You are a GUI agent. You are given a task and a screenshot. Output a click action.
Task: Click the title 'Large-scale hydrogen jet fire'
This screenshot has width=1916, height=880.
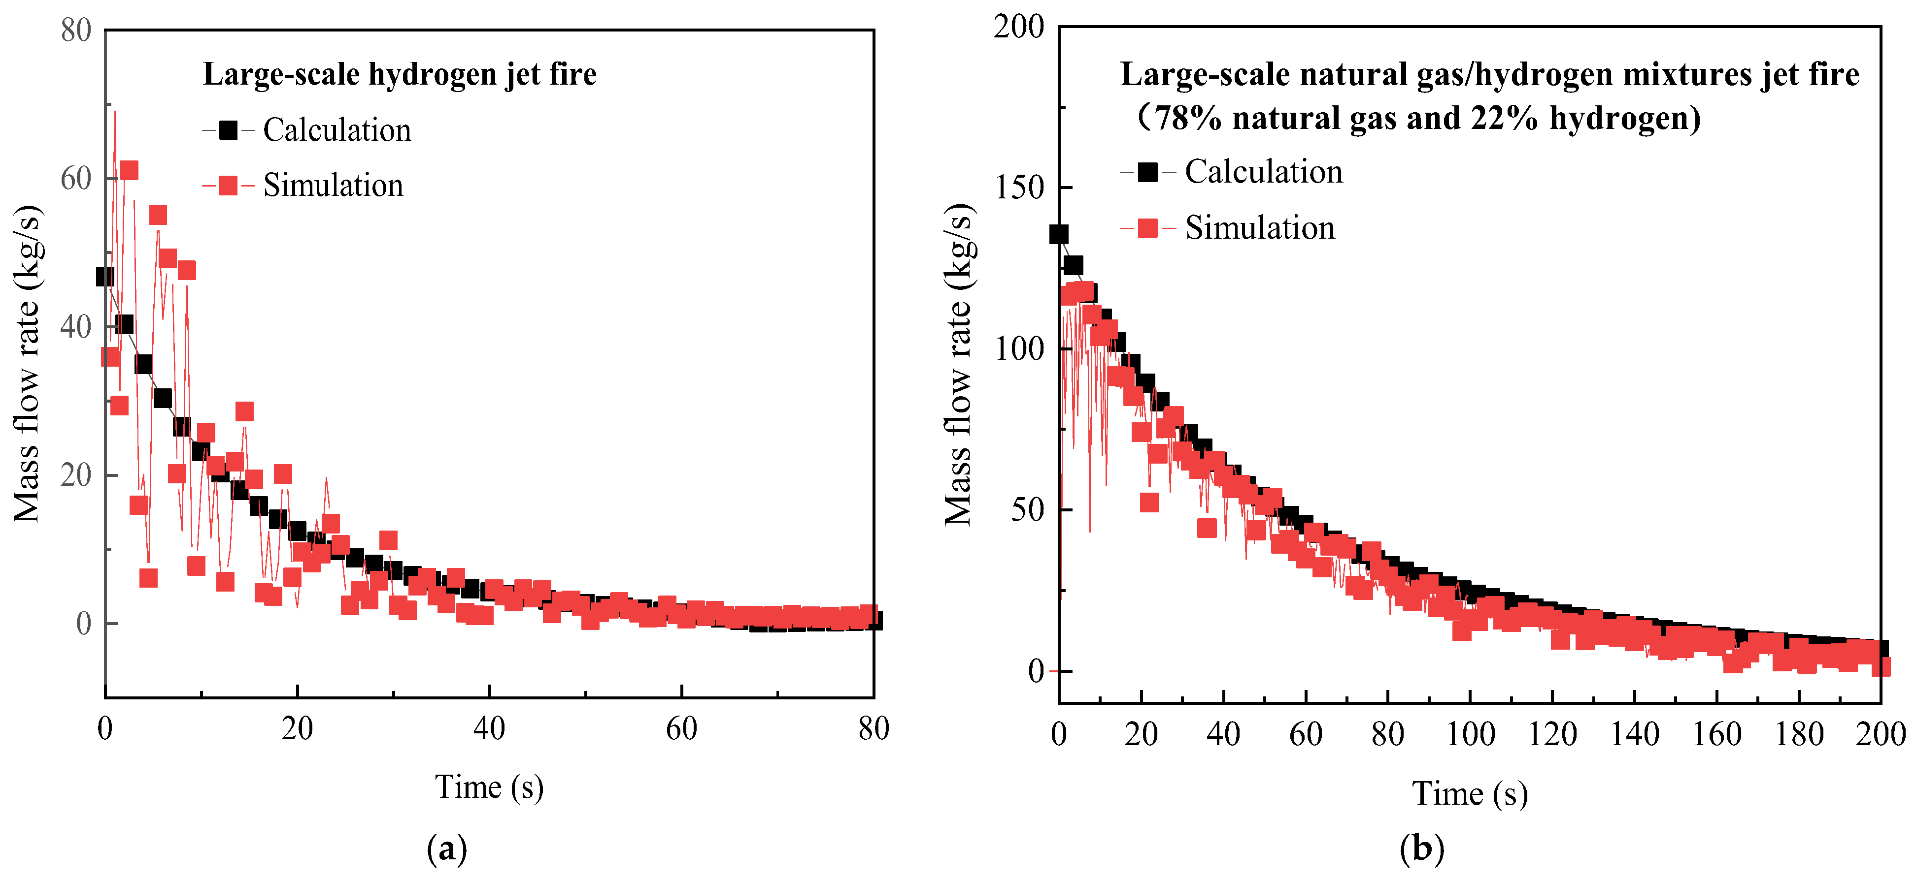click(400, 74)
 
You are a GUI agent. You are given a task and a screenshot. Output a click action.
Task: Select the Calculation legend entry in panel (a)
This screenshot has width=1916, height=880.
click(306, 130)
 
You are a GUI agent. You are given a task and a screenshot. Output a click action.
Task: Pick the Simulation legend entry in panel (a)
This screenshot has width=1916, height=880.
click(303, 185)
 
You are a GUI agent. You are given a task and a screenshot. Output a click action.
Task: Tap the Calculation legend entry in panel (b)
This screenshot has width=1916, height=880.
click(1231, 172)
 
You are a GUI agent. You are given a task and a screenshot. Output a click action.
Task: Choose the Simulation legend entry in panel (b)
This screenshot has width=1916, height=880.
click(1227, 227)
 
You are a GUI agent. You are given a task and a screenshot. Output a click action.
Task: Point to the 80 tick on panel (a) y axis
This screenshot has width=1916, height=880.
click(76, 31)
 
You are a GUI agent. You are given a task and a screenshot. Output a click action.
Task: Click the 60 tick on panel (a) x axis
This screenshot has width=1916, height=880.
click(681, 729)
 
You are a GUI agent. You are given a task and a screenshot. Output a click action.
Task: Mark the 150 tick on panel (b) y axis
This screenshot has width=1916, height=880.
click(1019, 188)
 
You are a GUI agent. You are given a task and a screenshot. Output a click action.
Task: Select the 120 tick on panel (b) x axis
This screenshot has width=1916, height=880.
click(1552, 734)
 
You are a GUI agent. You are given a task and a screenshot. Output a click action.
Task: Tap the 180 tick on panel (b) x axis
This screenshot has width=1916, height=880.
click(1798, 734)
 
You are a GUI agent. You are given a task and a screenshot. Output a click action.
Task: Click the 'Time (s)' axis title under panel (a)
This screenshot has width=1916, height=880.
click(489, 786)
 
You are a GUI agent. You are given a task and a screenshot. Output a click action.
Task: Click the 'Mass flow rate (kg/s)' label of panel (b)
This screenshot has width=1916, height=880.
click(958, 364)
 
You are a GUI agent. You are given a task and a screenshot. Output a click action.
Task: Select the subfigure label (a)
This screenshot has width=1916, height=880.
click(447, 848)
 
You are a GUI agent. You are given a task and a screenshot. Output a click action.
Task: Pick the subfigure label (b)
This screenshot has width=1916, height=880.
click(1421, 848)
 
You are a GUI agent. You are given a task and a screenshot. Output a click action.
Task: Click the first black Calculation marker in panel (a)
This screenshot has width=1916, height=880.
click(105, 277)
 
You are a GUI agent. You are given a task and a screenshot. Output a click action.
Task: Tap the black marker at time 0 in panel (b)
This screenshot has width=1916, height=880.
click(1058, 234)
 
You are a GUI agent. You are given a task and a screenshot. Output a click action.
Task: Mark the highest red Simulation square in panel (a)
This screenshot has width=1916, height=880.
click(129, 170)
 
